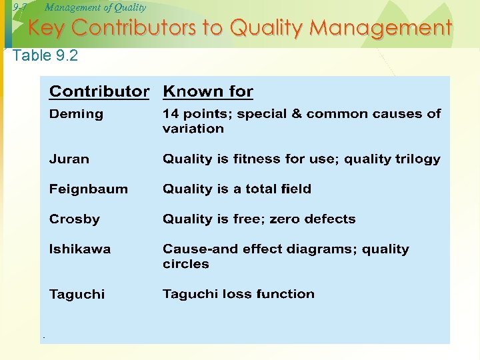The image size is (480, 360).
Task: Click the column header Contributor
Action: (x=99, y=91)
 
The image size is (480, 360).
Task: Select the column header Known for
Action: (x=208, y=91)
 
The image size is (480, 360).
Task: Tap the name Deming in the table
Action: (x=76, y=114)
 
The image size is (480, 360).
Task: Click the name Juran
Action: (x=69, y=159)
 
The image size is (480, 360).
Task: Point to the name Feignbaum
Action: (x=88, y=189)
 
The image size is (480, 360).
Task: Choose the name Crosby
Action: (x=74, y=219)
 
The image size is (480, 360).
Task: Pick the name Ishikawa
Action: (x=80, y=249)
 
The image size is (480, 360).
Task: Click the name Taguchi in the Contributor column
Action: (x=77, y=294)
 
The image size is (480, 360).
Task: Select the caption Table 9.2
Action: (x=45, y=55)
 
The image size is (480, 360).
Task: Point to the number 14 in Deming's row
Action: (x=171, y=114)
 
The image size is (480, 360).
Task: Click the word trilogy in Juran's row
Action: (x=418, y=159)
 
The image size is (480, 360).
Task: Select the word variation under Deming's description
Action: (x=193, y=129)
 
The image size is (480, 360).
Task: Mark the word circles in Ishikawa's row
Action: (x=185, y=264)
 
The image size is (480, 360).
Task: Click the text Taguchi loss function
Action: (x=238, y=294)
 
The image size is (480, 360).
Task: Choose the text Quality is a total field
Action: (x=237, y=189)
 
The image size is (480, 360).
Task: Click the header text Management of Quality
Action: (x=95, y=7)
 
